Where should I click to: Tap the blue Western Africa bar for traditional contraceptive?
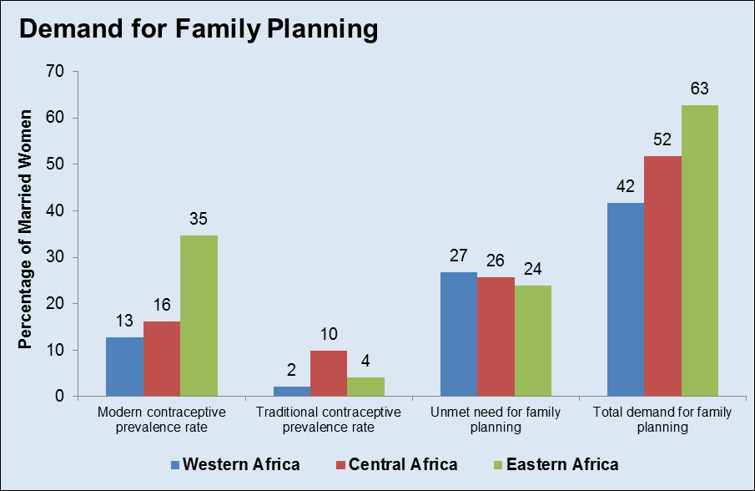[x=291, y=392]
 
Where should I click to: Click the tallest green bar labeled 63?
[x=700, y=251]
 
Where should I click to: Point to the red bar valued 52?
[x=663, y=276]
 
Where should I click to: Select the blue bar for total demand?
[x=626, y=300]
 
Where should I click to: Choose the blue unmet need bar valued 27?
[x=459, y=334]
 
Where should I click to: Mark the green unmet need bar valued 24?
[x=533, y=341]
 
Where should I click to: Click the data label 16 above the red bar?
[x=161, y=305]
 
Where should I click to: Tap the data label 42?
[x=625, y=185]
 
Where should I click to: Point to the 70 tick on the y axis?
[x=55, y=72]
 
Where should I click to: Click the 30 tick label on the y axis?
[x=55, y=257]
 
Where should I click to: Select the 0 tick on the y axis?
[x=60, y=397]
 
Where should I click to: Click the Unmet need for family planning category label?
[x=496, y=419]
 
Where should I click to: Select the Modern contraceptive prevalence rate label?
[x=161, y=419]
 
